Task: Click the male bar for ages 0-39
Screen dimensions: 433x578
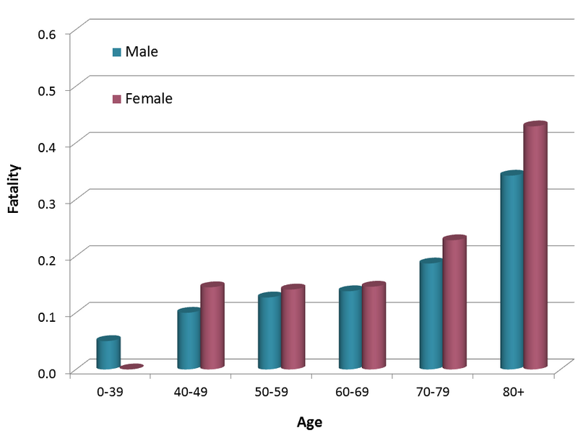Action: coord(108,354)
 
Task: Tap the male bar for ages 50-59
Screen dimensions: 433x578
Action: coord(269,332)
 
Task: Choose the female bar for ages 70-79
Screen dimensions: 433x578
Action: coord(454,304)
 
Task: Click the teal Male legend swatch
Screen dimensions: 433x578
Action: coord(116,52)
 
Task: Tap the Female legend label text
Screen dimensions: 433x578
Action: coord(149,99)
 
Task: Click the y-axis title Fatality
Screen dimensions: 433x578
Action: coord(14,189)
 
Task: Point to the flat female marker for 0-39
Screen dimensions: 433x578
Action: coord(131,367)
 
